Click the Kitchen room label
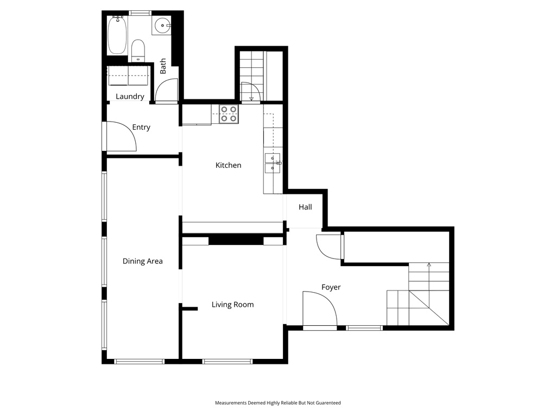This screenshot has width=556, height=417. [228, 165]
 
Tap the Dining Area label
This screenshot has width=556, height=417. [142, 261]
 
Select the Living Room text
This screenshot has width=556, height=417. [232, 305]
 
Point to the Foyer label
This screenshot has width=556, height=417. [331, 287]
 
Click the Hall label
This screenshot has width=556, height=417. [305, 207]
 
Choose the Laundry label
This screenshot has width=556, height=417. [130, 97]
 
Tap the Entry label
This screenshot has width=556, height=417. [141, 127]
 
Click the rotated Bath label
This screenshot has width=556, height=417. [163, 66]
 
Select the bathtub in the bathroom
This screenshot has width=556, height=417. [117, 35]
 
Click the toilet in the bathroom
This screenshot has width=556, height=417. [138, 50]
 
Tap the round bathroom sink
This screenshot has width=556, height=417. [162, 25]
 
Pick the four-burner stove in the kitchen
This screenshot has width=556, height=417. [229, 113]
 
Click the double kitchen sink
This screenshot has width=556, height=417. [272, 163]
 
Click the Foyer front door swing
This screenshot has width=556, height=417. [319, 310]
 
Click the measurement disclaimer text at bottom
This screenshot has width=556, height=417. [277, 403]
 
